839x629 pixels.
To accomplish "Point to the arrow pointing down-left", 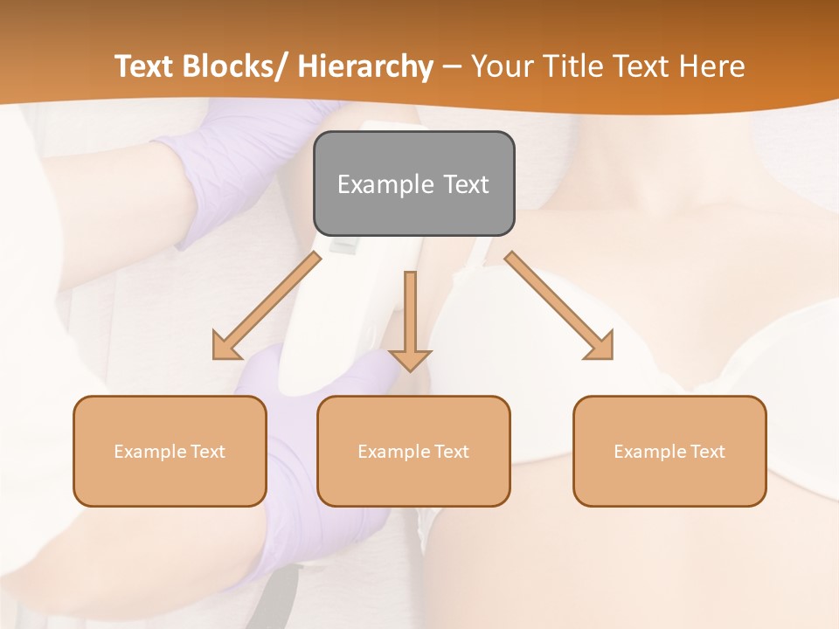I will tap(267, 307).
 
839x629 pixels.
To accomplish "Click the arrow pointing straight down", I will tap(411, 320).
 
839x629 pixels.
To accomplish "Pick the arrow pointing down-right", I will tap(559, 306).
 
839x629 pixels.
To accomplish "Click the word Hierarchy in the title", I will tap(365, 66).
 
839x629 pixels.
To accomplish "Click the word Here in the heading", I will tap(711, 66).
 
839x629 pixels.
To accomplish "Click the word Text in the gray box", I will tap(465, 184).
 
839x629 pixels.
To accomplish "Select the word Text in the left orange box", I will tap(209, 452).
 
